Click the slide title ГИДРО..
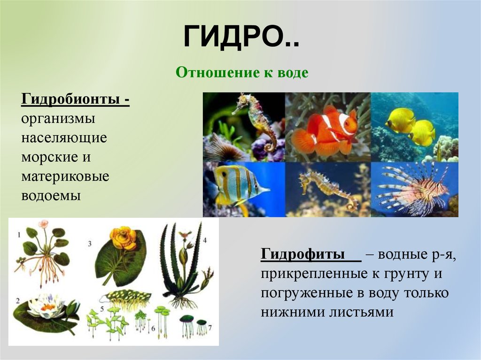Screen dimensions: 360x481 [x=240, y=38]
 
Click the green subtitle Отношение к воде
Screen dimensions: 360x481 [x=241, y=73]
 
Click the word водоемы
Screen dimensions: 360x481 [x=50, y=195]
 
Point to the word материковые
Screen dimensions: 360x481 [x=65, y=176]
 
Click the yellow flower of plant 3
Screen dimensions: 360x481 [x=123, y=237]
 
